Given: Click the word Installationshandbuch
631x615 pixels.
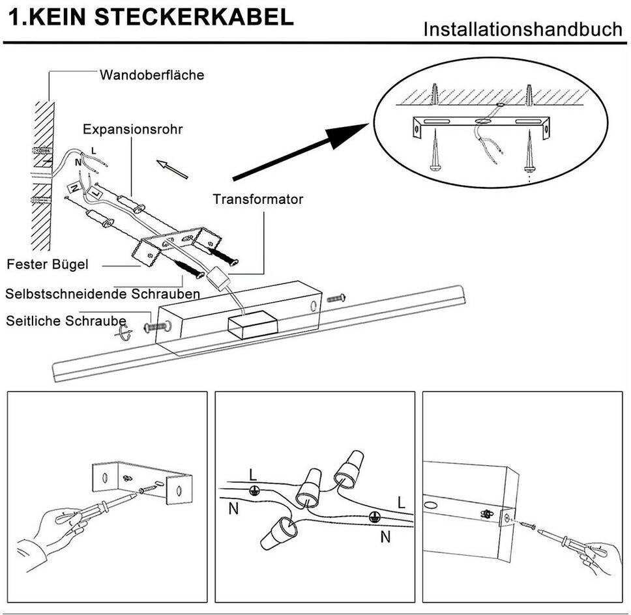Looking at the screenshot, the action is tap(523, 29).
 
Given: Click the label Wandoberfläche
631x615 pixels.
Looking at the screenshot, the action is tap(152, 75).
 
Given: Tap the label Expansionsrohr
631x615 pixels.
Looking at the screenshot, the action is tap(132, 130).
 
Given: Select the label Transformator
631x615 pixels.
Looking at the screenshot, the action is tap(257, 199).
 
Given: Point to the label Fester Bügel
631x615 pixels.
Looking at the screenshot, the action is tap(48, 265).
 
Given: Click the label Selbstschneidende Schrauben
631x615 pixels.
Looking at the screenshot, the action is tap(102, 294).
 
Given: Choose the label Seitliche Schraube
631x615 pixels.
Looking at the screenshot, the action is tap(66, 321).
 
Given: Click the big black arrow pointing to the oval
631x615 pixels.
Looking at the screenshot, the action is tap(301, 151).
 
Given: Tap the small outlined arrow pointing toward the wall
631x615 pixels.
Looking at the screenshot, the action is tap(172, 169).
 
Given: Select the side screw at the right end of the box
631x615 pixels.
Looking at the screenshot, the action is tap(336, 298).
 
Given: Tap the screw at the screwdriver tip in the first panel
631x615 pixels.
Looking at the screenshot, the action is tap(147, 489).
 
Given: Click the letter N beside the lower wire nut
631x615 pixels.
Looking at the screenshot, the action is tap(385, 537).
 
